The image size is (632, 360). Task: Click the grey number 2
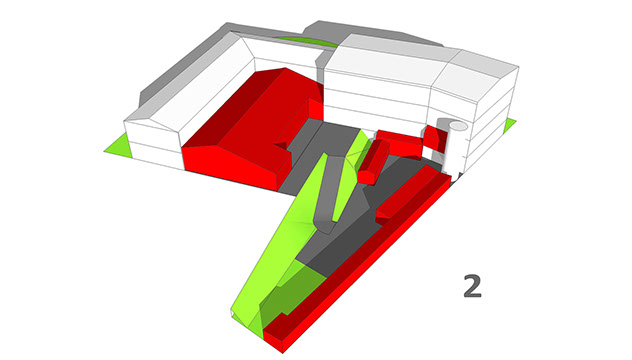coord(472,286)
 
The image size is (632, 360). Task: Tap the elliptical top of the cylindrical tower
coord(458,126)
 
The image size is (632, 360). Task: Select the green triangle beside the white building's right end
coord(509,125)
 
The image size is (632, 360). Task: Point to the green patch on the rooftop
coord(307,41)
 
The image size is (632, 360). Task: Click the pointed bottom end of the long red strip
coord(283,353)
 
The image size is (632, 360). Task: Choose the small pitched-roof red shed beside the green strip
coord(373,161)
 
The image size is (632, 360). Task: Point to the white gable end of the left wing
coord(152,141)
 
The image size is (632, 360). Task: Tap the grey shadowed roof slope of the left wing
coord(181,69)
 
